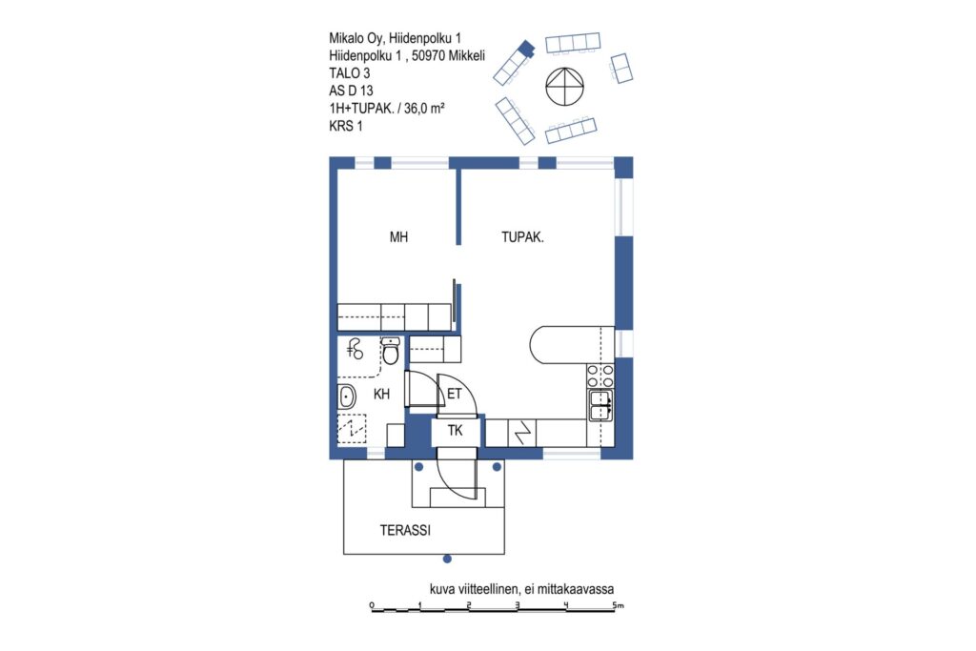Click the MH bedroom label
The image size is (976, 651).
click(398, 237)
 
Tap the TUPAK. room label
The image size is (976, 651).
click(522, 237)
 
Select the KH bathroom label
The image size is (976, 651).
click(381, 394)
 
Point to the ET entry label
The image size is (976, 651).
click(455, 394)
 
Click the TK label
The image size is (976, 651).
click(455, 431)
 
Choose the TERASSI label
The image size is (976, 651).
click(405, 531)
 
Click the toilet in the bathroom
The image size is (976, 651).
click(390, 351)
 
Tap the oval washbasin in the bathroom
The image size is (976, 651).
click(347, 397)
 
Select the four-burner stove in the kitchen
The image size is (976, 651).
click(600, 375)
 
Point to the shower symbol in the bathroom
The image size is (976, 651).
click(355, 350)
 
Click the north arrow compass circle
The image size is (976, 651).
click(564, 86)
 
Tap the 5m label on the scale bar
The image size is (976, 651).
click(618, 604)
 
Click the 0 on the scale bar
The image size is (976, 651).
click(372, 605)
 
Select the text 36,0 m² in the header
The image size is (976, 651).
click(424, 109)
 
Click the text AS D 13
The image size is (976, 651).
click(351, 91)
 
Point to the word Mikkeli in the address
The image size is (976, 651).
click(466, 55)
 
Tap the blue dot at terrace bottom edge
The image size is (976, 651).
click(447, 559)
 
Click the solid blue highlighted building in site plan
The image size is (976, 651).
click(526, 48)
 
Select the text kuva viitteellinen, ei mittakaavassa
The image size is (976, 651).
click(521, 589)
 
